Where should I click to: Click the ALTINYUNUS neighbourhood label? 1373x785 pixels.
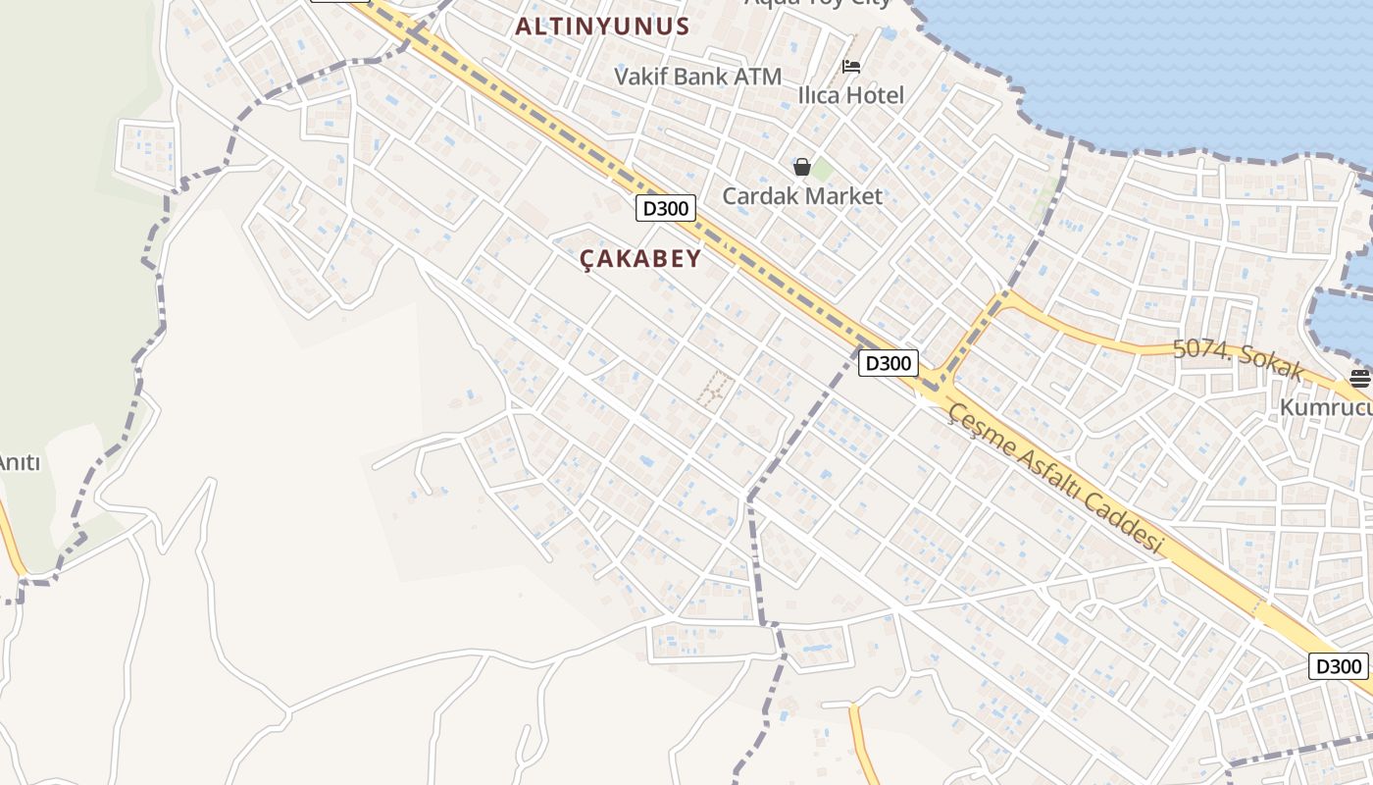602,26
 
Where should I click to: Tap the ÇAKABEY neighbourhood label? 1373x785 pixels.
640,258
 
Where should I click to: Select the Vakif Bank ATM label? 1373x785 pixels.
697,76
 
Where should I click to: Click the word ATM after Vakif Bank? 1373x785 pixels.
757,76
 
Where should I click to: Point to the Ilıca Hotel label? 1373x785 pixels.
850,95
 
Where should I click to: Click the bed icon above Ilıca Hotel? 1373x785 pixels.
851,67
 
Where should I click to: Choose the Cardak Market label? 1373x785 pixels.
802,195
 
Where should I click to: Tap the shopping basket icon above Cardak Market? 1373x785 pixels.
802,167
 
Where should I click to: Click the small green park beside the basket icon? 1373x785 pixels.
822,170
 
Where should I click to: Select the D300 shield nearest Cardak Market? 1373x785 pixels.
666,208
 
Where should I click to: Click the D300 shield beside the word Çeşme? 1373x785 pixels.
889,363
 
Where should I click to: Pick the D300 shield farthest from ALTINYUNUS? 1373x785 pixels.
1338,666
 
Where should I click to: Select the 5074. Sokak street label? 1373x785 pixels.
1238,359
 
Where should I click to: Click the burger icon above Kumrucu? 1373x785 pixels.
1359,378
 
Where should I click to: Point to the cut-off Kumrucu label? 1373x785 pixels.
1326,405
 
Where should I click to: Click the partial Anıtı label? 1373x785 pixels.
20,461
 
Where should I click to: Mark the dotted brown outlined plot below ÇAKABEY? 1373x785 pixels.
716,389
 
